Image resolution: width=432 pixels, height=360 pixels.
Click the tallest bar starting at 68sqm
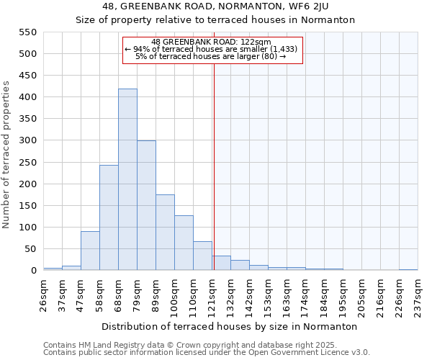[127, 179]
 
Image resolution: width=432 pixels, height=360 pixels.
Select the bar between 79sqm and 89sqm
[146, 205]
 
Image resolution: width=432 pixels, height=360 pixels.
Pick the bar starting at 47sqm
[90, 251]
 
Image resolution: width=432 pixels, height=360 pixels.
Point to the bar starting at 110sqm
[202, 256]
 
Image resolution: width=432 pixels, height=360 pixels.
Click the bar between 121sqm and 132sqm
[221, 263]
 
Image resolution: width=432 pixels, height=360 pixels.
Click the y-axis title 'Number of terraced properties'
[6, 154]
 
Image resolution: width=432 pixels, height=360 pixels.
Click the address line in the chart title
[215, 6]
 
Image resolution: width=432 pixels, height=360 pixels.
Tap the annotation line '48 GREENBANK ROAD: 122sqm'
[211, 42]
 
